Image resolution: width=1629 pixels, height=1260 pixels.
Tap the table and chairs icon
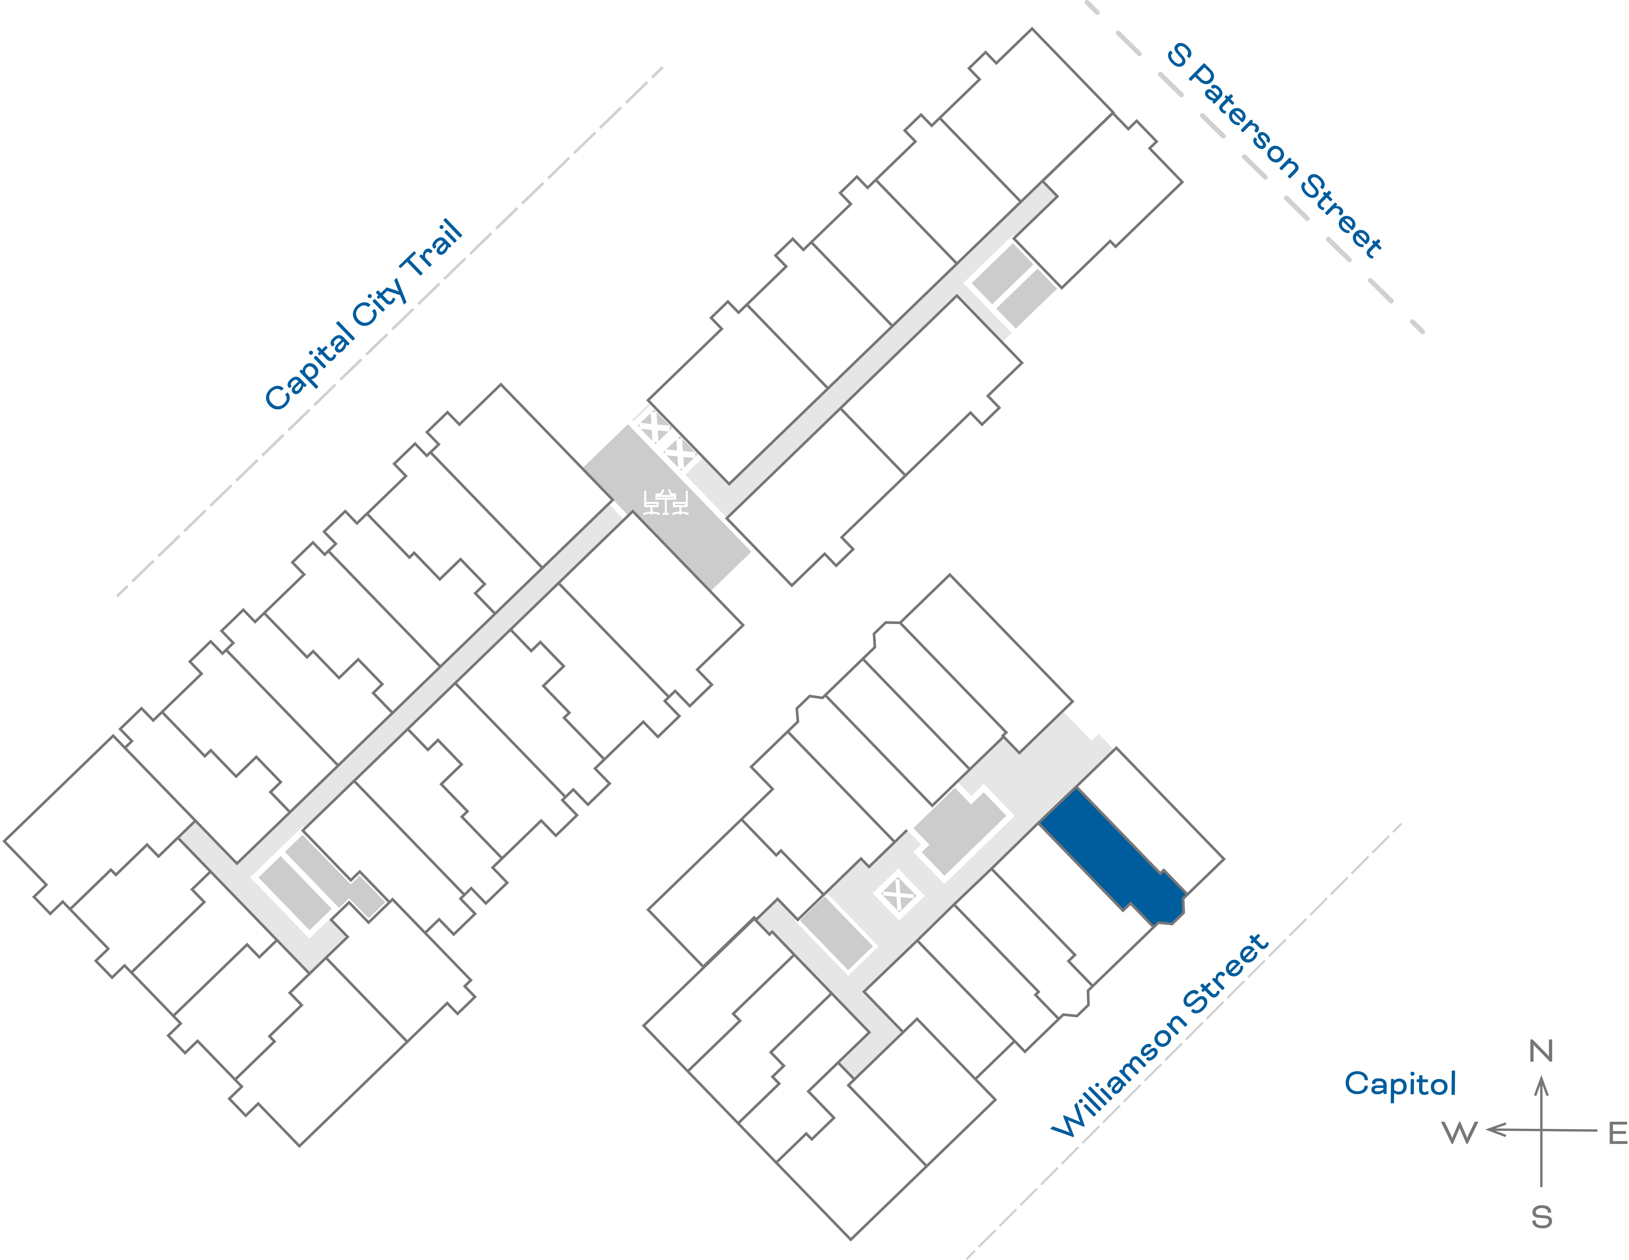coord(665,502)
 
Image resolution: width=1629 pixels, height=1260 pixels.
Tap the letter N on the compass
coord(1541,1051)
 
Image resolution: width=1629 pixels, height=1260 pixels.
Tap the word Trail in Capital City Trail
coord(433,250)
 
